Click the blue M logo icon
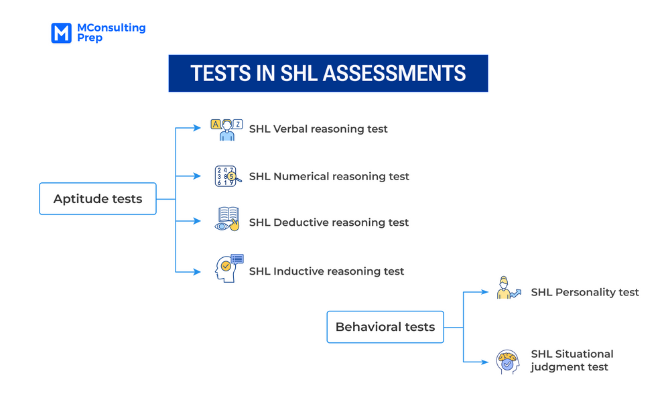click(x=61, y=33)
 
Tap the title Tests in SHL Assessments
click(x=328, y=73)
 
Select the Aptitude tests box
click(x=98, y=199)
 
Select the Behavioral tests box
click(x=385, y=327)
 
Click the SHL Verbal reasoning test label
click(x=318, y=129)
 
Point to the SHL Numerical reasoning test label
click(x=329, y=176)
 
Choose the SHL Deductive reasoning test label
click(x=329, y=222)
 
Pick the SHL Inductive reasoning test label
click(x=326, y=271)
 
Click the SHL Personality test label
click(x=585, y=292)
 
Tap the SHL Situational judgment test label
click(x=572, y=360)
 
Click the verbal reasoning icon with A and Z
click(x=226, y=129)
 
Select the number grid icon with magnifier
click(x=227, y=176)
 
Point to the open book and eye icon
click(x=227, y=220)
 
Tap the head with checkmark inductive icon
click(x=228, y=269)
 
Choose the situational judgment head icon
click(x=508, y=362)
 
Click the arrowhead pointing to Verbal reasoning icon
click(x=197, y=128)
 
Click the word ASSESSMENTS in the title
click(x=394, y=73)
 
